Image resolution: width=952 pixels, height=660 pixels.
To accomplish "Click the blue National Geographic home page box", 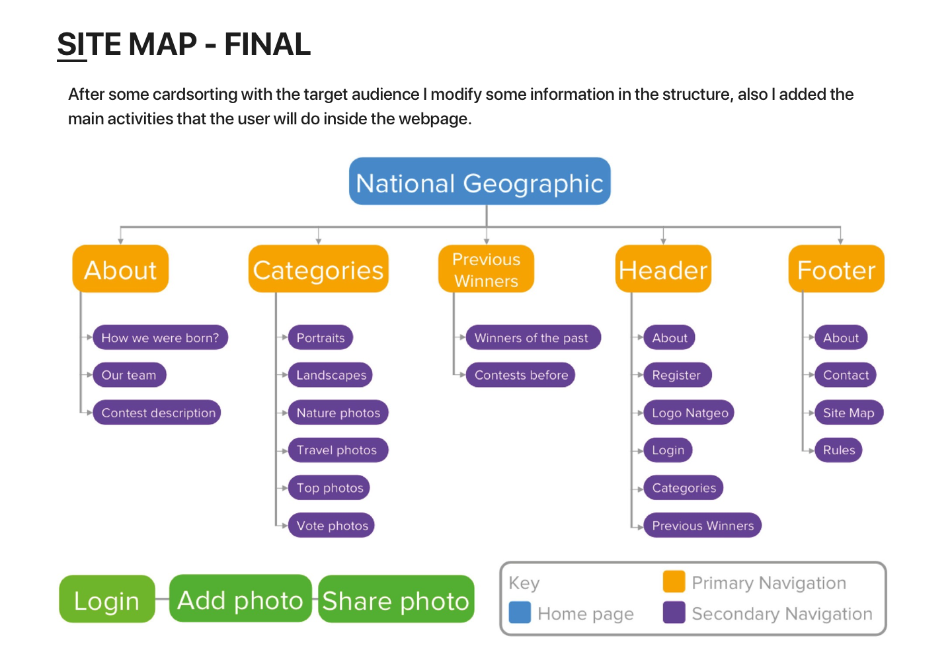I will point(479,181).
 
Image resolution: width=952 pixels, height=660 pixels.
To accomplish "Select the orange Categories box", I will point(318,269).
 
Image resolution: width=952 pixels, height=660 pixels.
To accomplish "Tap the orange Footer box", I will point(836,269).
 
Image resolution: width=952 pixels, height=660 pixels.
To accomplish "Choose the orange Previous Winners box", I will point(486,269).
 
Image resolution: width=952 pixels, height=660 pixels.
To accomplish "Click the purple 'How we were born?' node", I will point(160,337).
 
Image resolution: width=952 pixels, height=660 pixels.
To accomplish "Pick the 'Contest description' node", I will point(157,413).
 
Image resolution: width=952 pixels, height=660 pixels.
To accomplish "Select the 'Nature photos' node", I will point(338,413).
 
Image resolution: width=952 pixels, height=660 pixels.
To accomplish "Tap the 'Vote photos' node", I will point(332,526).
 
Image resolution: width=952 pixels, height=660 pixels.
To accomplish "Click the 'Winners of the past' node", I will point(531,337).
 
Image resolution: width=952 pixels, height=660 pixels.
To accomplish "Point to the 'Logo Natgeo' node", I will point(689,413).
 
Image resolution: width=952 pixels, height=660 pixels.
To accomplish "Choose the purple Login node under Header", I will point(668,450).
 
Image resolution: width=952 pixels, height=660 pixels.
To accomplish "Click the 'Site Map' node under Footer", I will point(848,413).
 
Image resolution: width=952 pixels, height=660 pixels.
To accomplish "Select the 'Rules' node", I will point(838,450).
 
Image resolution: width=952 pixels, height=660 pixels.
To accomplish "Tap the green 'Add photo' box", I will point(240,599).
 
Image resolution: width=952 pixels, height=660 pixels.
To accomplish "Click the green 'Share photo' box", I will point(396,600).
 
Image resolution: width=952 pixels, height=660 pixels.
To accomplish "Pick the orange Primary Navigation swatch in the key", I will point(674,582).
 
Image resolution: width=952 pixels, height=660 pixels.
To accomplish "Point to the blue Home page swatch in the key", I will point(520,612).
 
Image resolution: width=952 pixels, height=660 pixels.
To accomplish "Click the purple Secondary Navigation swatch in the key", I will point(674,612).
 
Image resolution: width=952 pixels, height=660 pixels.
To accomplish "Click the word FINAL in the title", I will point(267,44).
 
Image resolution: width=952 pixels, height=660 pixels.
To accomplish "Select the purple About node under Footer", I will point(840,337).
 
